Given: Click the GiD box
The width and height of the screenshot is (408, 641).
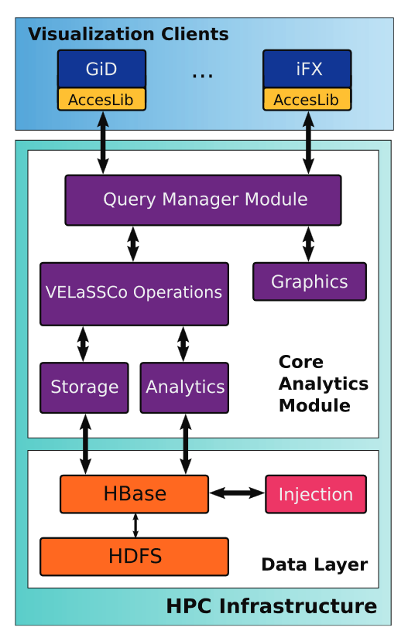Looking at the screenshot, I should coord(101,69).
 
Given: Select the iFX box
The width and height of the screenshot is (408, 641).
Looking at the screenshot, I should coord(307,69).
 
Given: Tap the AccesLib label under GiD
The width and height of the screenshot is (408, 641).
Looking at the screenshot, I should coord(101,100).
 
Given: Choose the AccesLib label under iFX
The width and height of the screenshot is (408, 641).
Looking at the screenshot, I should coord(307,100).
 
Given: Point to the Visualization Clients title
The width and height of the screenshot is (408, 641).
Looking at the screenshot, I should coord(128,35).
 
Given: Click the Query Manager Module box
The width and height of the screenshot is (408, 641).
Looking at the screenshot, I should coord(203,199).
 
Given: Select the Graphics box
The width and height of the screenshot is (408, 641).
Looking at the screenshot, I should coord(309,281).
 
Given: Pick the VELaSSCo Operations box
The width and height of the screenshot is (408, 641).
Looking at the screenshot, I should coord(134,293).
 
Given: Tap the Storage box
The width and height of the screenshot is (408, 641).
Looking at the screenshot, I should coord(84,387).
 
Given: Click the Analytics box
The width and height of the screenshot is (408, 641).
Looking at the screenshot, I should coord(184,387).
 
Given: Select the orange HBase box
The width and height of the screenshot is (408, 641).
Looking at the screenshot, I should coord(134,494).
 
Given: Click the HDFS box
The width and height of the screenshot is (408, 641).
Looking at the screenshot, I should coord(134,556).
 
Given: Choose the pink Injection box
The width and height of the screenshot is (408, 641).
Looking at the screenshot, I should coord(315,494).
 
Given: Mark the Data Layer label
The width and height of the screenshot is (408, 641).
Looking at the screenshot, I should coord(314,564).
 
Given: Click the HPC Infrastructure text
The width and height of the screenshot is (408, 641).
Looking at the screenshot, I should coord(271,605).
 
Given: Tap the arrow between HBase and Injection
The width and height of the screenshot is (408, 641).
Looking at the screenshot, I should coord(236,493).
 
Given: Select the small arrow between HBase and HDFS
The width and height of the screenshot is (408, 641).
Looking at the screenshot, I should coord(135,525).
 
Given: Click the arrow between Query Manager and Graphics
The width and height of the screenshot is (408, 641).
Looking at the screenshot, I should coord(308,244).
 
